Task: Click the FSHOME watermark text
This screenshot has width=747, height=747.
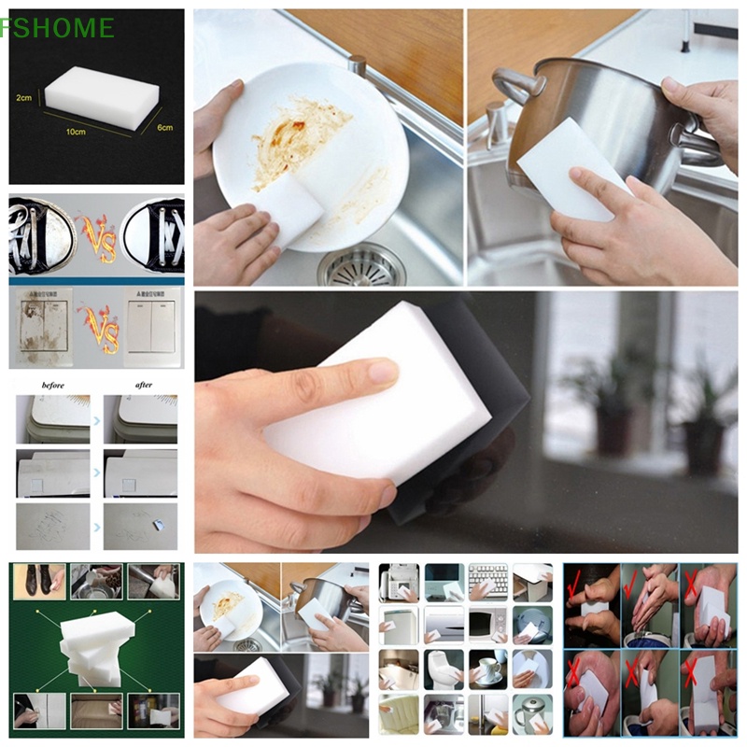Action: pos(58,28)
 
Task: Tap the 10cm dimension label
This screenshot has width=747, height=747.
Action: pos(76,132)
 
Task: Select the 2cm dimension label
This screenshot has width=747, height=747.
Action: pos(25,97)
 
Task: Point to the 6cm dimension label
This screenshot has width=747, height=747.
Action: pos(164,127)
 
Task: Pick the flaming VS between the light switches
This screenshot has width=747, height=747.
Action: pos(98,326)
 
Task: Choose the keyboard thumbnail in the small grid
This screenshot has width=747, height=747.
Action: pos(488,581)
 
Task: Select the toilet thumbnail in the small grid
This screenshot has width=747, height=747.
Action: pos(444,669)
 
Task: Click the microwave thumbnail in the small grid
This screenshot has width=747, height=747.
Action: pos(488,624)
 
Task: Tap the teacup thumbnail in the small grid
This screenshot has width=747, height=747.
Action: pos(488,669)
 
